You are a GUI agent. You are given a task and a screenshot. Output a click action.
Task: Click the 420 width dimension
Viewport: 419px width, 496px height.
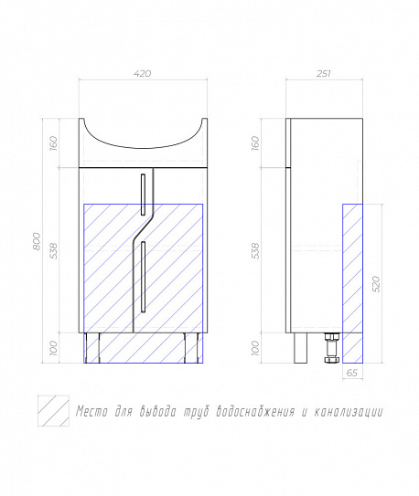[142, 74]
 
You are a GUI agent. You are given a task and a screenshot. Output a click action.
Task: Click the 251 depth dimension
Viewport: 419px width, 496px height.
[324, 74]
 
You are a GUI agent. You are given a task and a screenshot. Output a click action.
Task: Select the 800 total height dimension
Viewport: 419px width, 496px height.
[38, 241]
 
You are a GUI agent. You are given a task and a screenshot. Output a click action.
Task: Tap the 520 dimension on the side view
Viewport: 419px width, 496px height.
[376, 284]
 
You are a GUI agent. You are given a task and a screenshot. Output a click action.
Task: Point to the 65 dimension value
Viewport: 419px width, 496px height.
[352, 373]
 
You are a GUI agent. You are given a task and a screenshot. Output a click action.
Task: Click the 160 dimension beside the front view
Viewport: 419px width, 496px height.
[54, 143]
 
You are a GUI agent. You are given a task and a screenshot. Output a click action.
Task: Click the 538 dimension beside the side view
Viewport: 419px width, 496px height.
[255, 251]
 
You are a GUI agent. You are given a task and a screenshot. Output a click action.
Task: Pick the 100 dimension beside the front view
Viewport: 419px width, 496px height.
[54, 348]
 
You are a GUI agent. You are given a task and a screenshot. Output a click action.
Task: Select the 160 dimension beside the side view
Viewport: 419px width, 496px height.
[255, 143]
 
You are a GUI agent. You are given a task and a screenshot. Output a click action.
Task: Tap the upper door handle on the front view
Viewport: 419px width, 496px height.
[143, 195]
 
